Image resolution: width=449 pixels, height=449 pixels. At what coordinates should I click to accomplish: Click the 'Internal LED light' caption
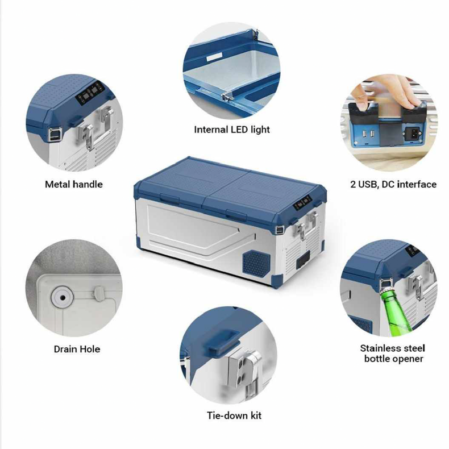(232, 130)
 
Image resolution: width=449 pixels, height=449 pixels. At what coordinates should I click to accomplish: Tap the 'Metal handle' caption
(74, 184)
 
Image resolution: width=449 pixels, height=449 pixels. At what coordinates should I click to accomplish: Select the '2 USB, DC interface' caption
(393, 184)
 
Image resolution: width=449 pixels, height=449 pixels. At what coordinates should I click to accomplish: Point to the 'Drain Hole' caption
(77, 349)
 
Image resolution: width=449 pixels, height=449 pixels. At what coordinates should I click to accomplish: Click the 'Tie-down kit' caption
(234, 415)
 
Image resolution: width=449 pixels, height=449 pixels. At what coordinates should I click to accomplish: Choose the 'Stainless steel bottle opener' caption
(393, 354)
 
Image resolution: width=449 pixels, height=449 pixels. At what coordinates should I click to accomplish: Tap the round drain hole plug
(62, 298)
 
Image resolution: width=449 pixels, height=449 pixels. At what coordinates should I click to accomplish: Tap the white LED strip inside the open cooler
(212, 58)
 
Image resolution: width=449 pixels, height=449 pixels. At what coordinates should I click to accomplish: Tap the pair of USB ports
(368, 134)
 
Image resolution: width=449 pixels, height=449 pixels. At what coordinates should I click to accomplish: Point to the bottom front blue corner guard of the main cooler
(277, 281)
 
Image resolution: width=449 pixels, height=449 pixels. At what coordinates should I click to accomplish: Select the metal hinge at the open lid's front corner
(227, 97)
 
